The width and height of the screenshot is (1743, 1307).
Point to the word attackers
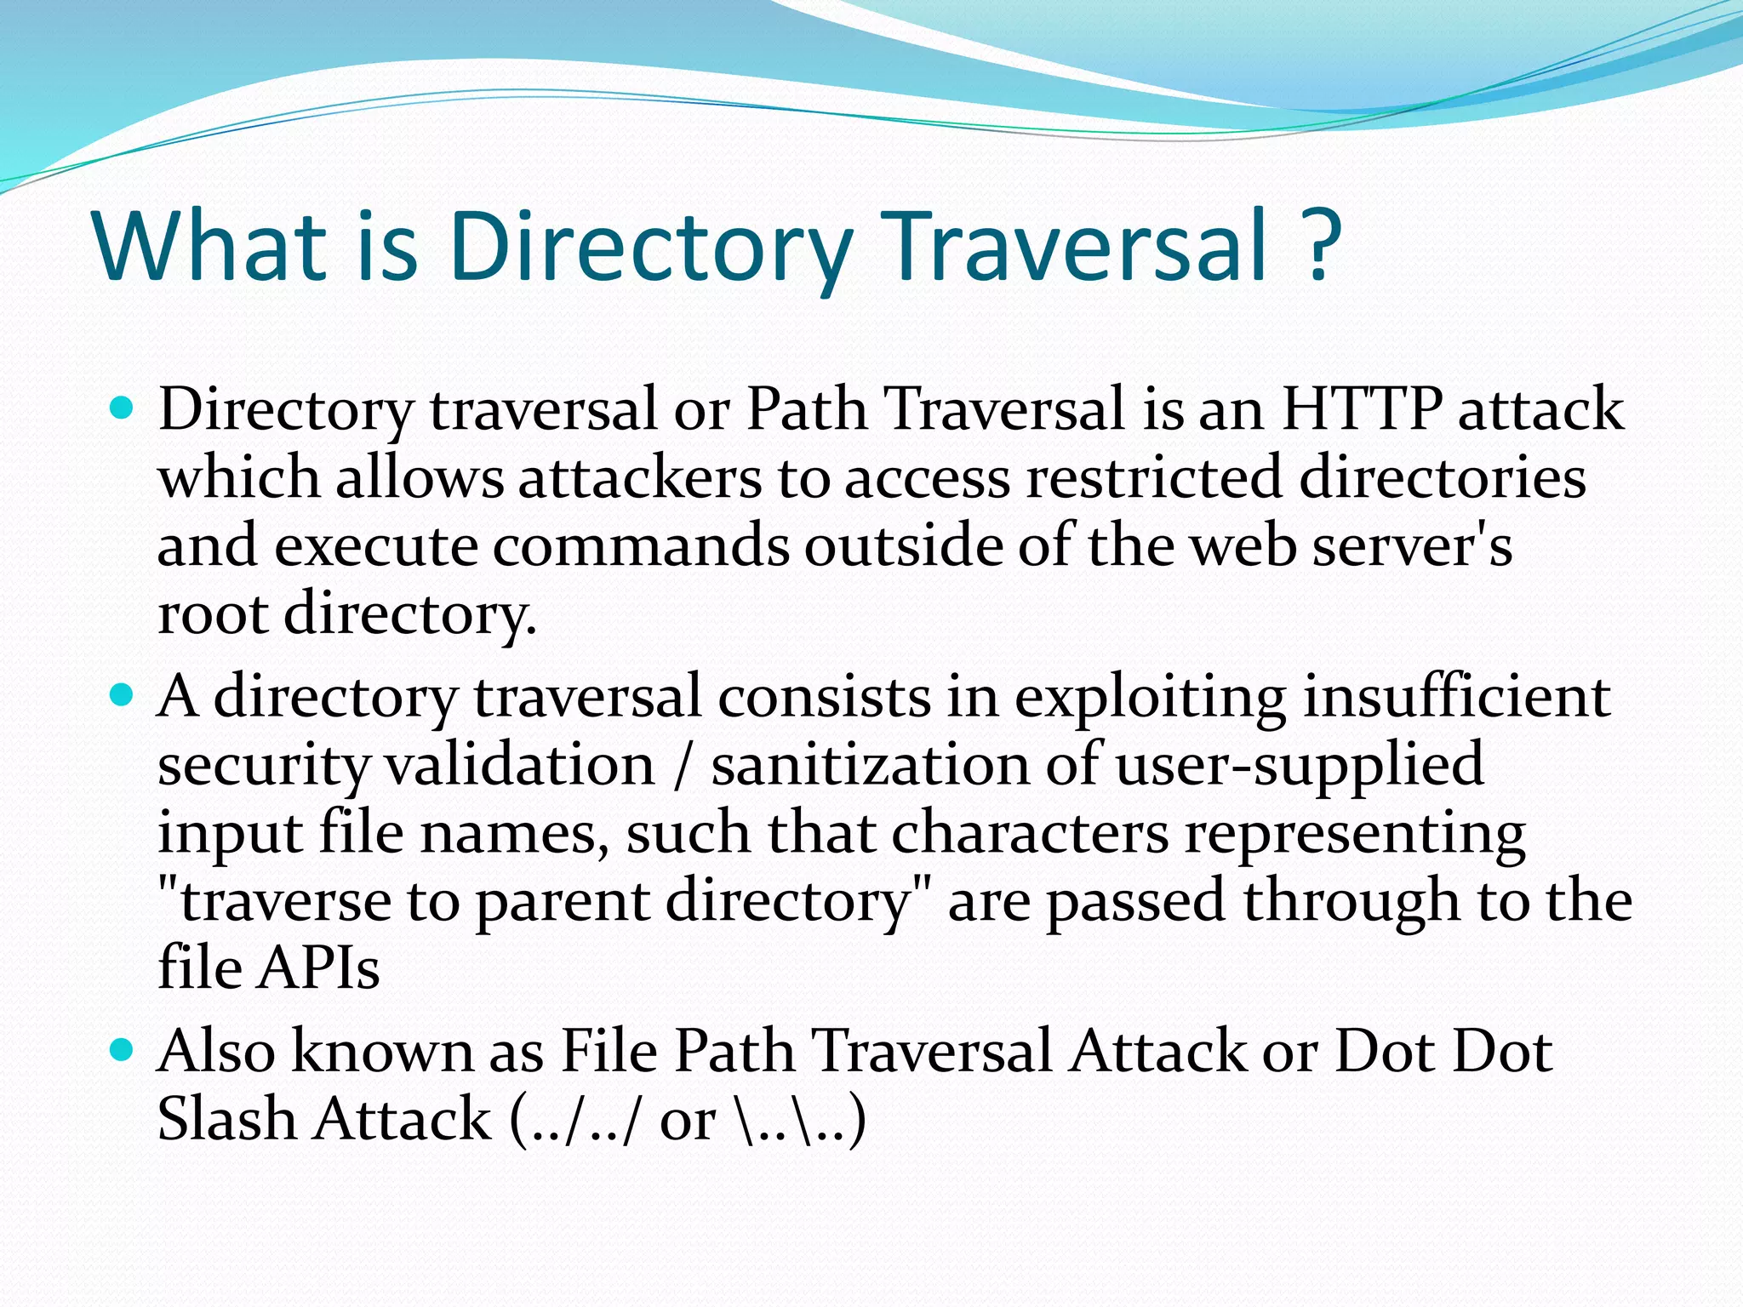pyautogui.click(x=640, y=477)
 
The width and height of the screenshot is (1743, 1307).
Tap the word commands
pyautogui.click(x=641, y=545)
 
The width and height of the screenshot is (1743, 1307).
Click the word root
pyautogui.click(x=213, y=614)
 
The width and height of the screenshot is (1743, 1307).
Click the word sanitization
pyautogui.click(x=870, y=765)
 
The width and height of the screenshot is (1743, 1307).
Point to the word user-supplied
pyautogui.click(x=1300, y=765)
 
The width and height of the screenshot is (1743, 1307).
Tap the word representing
pyautogui.click(x=1355, y=833)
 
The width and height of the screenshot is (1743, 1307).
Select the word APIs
pyautogui.click(x=318, y=969)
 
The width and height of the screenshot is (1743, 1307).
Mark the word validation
pyautogui.click(x=520, y=765)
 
